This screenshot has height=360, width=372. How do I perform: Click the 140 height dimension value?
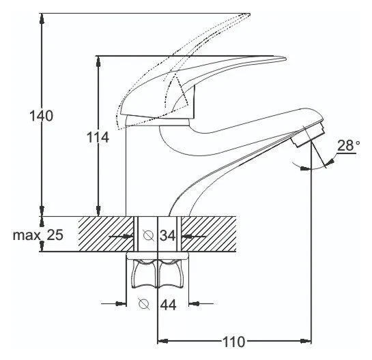(41, 116)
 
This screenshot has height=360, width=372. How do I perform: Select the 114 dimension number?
(98, 138)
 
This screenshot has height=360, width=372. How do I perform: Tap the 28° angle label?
(348, 145)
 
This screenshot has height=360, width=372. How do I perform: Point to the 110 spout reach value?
(233, 342)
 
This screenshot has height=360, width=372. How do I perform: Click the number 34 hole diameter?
(168, 236)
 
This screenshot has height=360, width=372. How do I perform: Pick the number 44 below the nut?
(169, 305)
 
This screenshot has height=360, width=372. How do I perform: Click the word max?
(27, 236)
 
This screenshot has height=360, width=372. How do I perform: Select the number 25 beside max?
(55, 235)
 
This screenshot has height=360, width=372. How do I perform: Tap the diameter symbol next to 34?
(149, 235)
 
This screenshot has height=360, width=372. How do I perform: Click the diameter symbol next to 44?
(144, 303)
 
